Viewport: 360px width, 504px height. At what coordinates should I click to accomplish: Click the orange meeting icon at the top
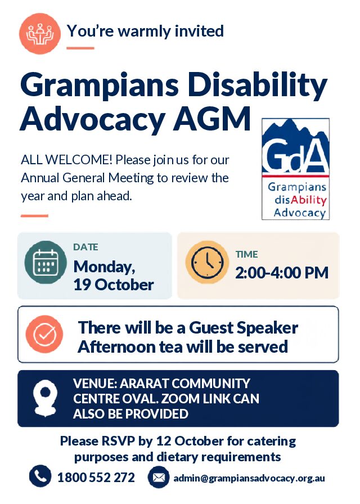click(x=40, y=33)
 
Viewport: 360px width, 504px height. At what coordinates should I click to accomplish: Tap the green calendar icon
click(x=46, y=262)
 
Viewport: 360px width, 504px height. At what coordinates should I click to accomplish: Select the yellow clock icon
click(x=208, y=262)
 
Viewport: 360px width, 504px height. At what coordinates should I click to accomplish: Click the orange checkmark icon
click(x=44, y=334)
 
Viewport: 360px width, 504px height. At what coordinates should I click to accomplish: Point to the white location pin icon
click(x=46, y=398)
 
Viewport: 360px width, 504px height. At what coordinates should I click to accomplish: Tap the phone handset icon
click(x=40, y=476)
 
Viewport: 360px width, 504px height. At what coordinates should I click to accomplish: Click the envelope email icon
click(x=159, y=477)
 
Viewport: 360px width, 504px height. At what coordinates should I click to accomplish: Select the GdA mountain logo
click(x=296, y=169)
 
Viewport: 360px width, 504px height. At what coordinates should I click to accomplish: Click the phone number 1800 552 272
click(x=96, y=478)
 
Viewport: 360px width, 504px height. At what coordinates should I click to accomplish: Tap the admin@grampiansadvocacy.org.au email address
click(x=249, y=478)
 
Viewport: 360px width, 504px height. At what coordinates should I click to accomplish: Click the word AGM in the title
click(x=212, y=119)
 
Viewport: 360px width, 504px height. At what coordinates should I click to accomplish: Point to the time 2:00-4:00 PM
click(x=282, y=273)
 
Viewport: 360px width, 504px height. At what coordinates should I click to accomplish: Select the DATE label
click(x=85, y=247)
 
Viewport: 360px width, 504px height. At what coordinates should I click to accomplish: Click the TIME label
click(x=246, y=254)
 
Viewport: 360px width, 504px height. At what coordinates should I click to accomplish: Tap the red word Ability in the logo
click(x=309, y=200)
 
